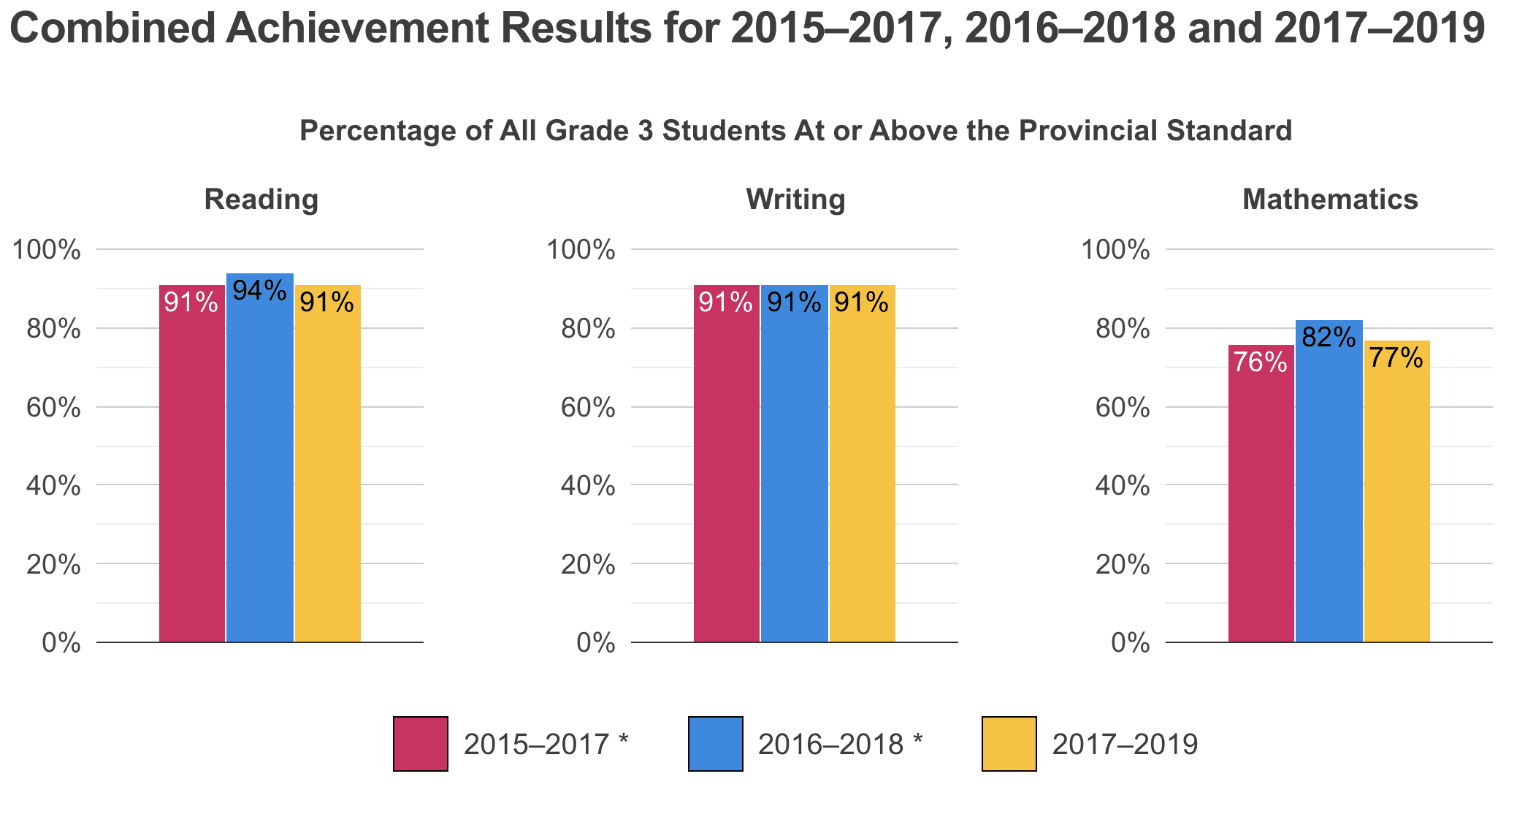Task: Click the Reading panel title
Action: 261,199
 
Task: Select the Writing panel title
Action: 795,199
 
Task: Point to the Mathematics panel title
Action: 1330,199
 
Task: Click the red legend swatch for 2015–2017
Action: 421,744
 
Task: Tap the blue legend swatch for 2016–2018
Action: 716,744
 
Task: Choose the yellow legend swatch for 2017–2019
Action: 1009,744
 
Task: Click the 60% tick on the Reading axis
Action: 53,408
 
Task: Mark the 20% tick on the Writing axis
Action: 588,565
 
